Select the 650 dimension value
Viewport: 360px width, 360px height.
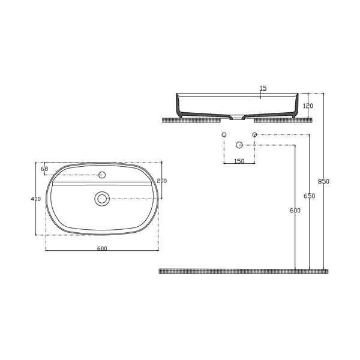pos(309,196)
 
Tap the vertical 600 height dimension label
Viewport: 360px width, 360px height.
pos(295,211)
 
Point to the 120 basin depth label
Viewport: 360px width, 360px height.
pos(308,106)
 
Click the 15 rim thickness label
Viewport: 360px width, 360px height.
pos(263,89)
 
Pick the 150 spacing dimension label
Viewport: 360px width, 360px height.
pos(239,161)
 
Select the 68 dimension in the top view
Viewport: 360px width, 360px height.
pos(44,169)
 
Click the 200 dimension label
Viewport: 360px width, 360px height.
pos(161,181)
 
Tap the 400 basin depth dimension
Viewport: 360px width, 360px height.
pos(36,199)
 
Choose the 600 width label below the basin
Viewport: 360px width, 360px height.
pos(101,250)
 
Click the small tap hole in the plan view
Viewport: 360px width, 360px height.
pos(102,175)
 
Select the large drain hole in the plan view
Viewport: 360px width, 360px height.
pos(102,199)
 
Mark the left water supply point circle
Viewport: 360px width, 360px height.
pos(224,134)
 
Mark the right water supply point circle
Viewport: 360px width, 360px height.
pos(254,134)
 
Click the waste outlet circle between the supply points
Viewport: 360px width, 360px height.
pos(239,145)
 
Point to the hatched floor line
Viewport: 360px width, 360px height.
pos(240,271)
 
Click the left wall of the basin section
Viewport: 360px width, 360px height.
pos(179,106)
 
